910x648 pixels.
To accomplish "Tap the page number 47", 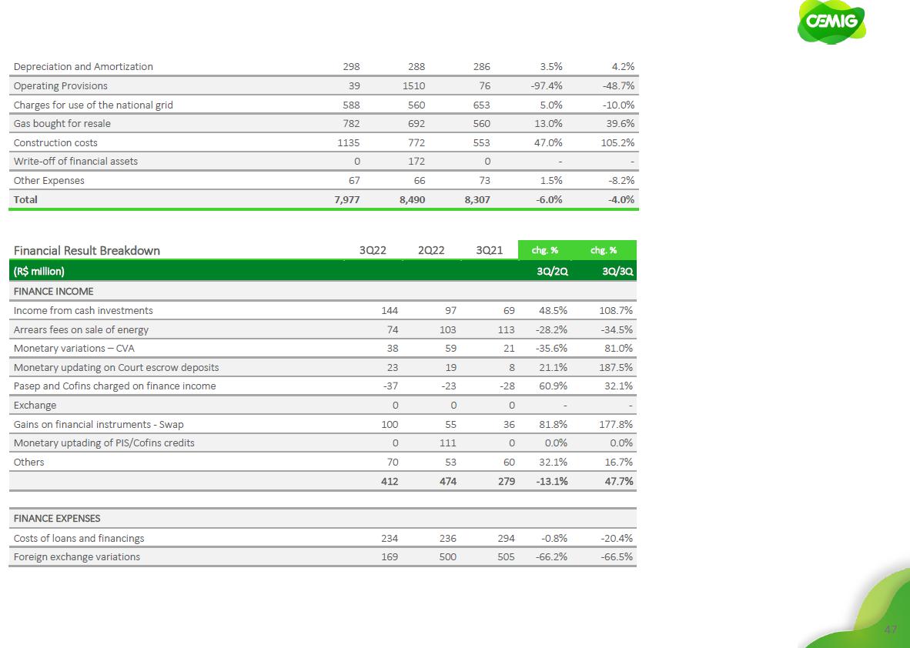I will click(891, 630).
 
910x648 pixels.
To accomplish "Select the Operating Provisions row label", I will click(61, 86).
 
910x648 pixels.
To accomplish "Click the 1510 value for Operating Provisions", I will click(416, 86).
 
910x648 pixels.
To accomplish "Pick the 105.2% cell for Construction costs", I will click(619, 143).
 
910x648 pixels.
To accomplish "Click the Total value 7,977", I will click(345, 199).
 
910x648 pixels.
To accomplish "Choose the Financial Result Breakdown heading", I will click(87, 250).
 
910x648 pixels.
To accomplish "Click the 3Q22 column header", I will click(373, 250).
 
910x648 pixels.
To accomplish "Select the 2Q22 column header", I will click(431, 250).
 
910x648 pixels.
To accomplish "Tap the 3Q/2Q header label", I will click(552, 272).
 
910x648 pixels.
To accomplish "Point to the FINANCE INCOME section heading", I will click(53, 292).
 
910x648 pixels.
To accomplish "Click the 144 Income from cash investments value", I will click(390, 311).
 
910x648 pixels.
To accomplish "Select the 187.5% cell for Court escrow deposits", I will click(616, 367).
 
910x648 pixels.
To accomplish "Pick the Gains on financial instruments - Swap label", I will click(99, 424).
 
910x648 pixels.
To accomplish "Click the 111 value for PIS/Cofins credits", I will click(447, 443).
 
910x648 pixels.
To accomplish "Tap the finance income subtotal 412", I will click(389, 482).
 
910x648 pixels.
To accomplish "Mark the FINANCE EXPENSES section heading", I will click(57, 519).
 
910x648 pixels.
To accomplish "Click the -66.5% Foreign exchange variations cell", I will click(617, 556).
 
